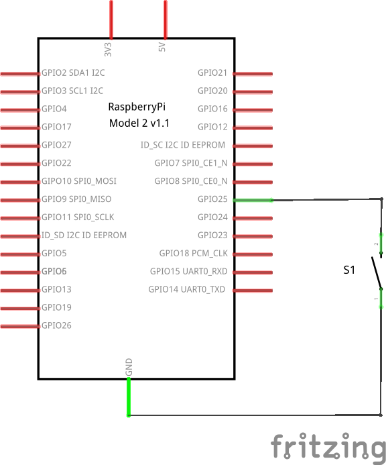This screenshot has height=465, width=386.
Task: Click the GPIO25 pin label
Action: tap(212, 199)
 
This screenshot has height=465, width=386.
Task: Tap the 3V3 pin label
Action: tap(108, 49)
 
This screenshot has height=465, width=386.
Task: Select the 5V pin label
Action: tap(162, 47)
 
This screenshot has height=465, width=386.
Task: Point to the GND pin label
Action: tap(129, 367)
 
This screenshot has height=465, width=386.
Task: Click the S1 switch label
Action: tap(349, 270)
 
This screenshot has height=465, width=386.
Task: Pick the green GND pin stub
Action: tap(129, 397)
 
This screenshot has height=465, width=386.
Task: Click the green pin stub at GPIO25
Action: tap(253, 201)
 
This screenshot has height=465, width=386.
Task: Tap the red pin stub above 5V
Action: tap(166, 19)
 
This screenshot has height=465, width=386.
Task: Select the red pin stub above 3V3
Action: tap(111, 19)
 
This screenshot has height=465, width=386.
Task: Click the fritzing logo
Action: tap(328, 446)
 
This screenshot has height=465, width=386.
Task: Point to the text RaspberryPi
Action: tap(137, 107)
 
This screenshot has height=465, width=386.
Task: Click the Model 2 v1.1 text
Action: tap(139, 123)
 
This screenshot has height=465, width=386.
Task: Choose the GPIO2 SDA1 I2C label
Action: tap(73, 72)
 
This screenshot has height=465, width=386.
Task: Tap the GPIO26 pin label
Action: tap(56, 325)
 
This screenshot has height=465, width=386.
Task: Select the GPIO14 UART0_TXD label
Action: tap(186, 289)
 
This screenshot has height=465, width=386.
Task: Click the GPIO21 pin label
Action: tap(212, 72)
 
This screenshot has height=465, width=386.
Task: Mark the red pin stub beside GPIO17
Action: tap(20, 128)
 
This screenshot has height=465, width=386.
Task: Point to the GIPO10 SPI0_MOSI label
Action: tap(79, 181)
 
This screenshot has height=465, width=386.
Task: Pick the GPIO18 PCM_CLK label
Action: tap(194, 253)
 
